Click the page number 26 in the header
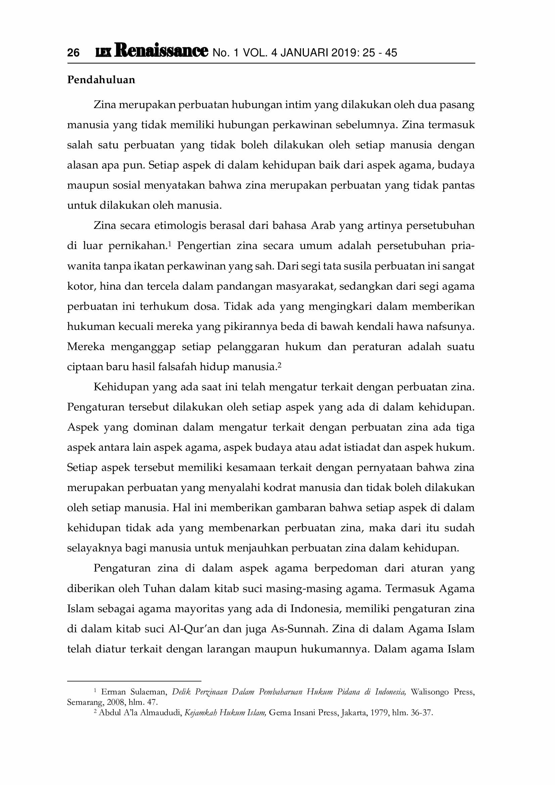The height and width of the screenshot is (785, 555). point(73,53)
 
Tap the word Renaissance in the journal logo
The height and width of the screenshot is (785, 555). point(161,50)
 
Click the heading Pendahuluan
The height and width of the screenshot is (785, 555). point(101,80)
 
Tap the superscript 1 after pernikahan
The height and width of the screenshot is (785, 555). point(170,243)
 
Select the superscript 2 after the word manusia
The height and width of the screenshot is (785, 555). point(279,364)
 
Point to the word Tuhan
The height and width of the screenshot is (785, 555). point(159,588)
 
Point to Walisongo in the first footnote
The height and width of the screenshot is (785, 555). point(429,692)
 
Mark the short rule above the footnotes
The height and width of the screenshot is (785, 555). point(134,681)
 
